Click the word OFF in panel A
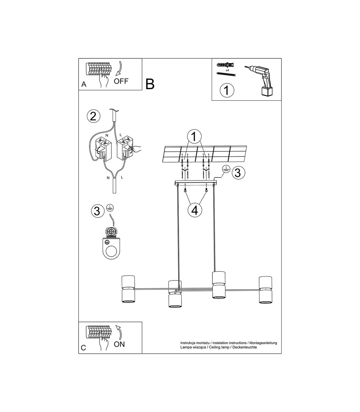tap(121, 81)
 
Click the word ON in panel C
tap(119, 344)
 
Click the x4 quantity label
tap(227, 70)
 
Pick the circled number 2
tap(93, 117)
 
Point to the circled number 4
tap(195, 211)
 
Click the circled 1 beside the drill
tap(227, 90)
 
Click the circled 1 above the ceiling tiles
tap(194, 137)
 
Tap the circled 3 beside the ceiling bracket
tap(238, 173)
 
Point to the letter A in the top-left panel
tap(84, 84)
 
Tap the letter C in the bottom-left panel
tap(83, 348)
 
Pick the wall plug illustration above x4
tap(225, 65)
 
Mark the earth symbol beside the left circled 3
tap(109, 208)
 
